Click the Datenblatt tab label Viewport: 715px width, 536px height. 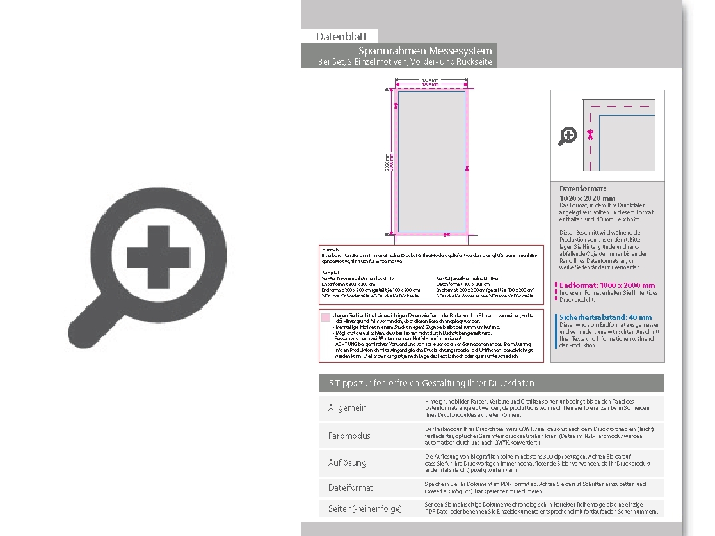(x=341, y=36)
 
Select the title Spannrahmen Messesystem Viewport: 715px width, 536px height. (x=425, y=51)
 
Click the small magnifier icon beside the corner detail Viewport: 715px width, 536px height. (x=568, y=136)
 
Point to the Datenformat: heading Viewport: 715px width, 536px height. (x=582, y=189)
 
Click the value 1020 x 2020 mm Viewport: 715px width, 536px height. (x=587, y=198)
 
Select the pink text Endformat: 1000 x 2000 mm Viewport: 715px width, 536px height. (x=607, y=285)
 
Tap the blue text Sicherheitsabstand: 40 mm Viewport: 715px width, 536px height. (x=606, y=317)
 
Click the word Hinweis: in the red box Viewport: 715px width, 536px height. (x=331, y=249)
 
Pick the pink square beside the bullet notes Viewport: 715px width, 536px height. (x=326, y=317)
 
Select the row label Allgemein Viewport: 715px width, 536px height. (x=348, y=408)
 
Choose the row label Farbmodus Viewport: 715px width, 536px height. (x=349, y=436)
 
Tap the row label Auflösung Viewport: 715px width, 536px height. (x=348, y=462)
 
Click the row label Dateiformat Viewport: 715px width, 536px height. (x=350, y=487)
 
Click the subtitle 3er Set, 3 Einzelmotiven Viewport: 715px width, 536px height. (x=406, y=62)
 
